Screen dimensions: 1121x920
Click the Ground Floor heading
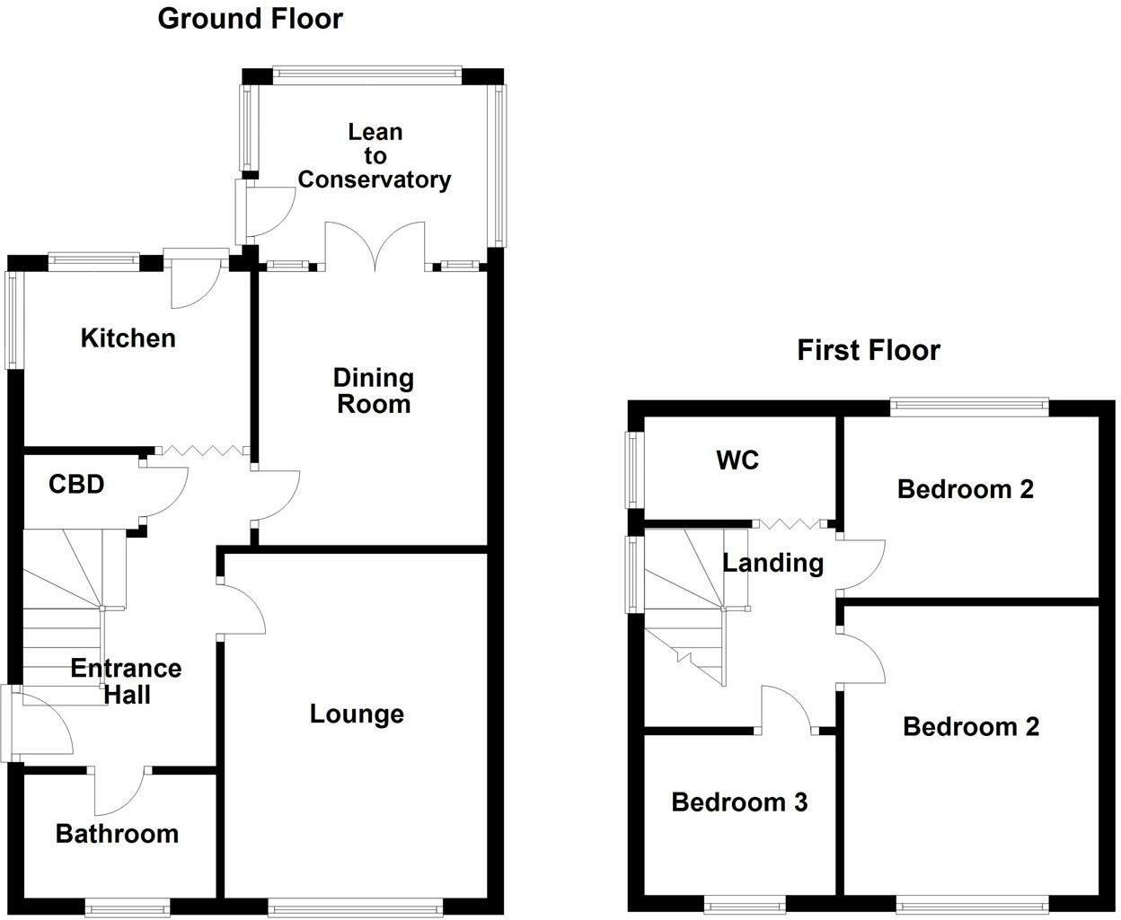click(x=250, y=18)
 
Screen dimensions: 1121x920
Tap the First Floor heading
click(x=868, y=350)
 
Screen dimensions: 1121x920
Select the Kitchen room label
click(x=128, y=338)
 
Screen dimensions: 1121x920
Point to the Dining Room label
click(x=373, y=390)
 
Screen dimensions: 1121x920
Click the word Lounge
click(x=357, y=714)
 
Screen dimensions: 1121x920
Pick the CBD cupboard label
click(x=76, y=485)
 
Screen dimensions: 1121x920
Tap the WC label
click(x=737, y=460)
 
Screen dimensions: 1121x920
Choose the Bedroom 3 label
click(x=739, y=802)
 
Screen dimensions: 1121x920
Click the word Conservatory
click(x=374, y=180)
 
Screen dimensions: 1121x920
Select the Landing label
click(x=772, y=563)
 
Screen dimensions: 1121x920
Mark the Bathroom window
click(x=126, y=907)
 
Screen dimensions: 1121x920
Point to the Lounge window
click(x=356, y=907)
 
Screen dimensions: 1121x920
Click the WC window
click(x=635, y=469)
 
